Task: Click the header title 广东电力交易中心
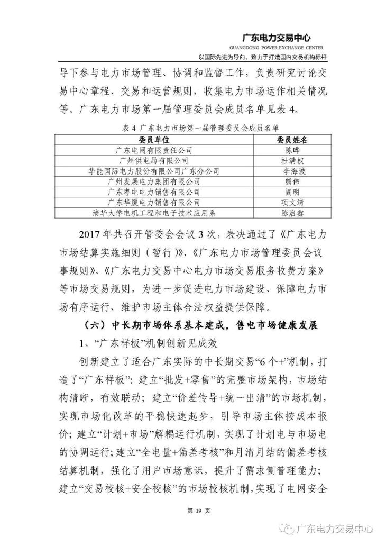(x=275, y=38)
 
